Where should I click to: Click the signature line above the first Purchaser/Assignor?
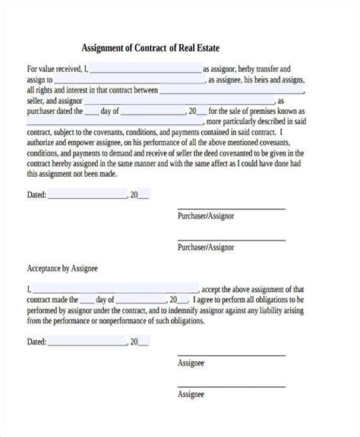(231, 208)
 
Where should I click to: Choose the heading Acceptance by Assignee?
(63, 269)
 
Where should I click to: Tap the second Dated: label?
(36, 342)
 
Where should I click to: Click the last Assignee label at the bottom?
(191, 416)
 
